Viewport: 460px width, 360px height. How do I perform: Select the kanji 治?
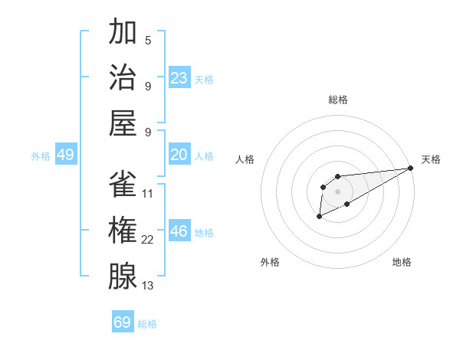point(123,77)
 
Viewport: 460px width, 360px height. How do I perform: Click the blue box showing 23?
point(179,77)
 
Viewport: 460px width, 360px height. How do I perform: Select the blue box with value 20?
point(179,155)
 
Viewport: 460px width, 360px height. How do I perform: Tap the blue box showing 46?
point(179,231)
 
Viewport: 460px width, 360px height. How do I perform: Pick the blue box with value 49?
point(65,155)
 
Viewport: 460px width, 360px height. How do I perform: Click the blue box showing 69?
point(123,322)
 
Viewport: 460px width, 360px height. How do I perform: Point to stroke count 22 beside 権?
point(148,240)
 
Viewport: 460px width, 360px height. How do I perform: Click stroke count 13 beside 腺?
point(148,285)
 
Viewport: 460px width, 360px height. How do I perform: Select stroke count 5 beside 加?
point(148,41)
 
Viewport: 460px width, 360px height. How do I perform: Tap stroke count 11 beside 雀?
point(148,194)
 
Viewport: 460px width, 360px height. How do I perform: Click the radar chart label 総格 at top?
point(337,100)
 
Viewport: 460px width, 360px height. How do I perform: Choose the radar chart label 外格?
point(270,262)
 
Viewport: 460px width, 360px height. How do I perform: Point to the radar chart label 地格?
point(402,262)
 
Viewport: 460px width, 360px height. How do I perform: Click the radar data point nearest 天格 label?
point(411,168)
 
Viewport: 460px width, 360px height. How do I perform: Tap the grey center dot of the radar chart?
point(337,191)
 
